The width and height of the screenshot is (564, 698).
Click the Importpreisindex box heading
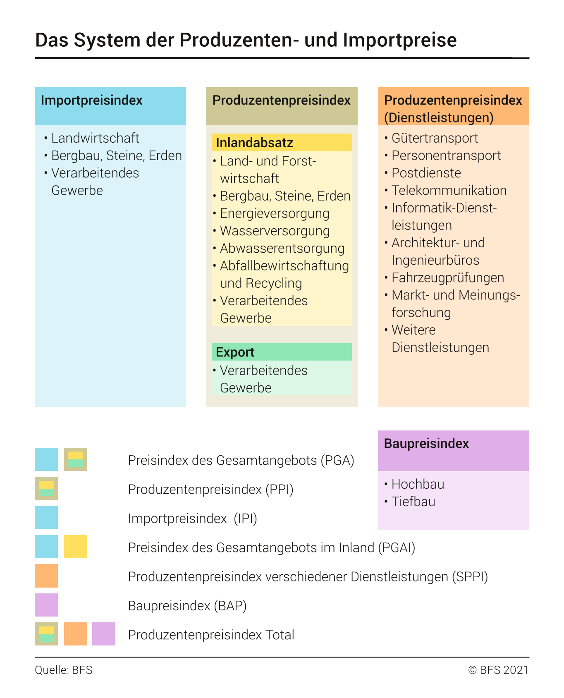click(x=91, y=100)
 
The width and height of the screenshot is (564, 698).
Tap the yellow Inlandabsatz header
click(x=254, y=143)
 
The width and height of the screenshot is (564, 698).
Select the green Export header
click(x=235, y=352)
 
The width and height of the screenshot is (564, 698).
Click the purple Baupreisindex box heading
click(x=426, y=444)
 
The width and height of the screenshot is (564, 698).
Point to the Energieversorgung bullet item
click(x=275, y=214)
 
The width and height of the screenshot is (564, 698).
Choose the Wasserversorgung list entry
click(x=275, y=231)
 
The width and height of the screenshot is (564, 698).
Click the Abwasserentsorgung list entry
click(x=282, y=249)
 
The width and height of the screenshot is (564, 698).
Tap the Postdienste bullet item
click(x=426, y=173)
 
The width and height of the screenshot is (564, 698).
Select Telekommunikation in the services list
click(x=449, y=191)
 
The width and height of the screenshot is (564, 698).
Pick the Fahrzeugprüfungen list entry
click(x=447, y=278)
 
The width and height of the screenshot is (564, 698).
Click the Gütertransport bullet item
click(x=435, y=138)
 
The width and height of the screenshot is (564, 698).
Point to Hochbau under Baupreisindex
click(x=418, y=484)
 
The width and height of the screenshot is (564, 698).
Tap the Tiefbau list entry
click(x=413, y=502)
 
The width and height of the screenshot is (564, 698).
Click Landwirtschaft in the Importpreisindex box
click(x=95, y=138)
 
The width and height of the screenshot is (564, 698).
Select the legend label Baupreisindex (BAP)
click(x=187, y=606)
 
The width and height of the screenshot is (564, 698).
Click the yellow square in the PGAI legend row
click(x=76, y=547)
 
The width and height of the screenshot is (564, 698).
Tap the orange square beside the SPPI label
click(x=46, y=576)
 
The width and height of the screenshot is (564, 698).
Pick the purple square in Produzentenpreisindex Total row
click(x=104, y=634)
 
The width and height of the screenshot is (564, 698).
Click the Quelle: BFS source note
click(x=64, y=670)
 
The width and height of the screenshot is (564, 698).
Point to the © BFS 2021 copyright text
click(x=498, y=670)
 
